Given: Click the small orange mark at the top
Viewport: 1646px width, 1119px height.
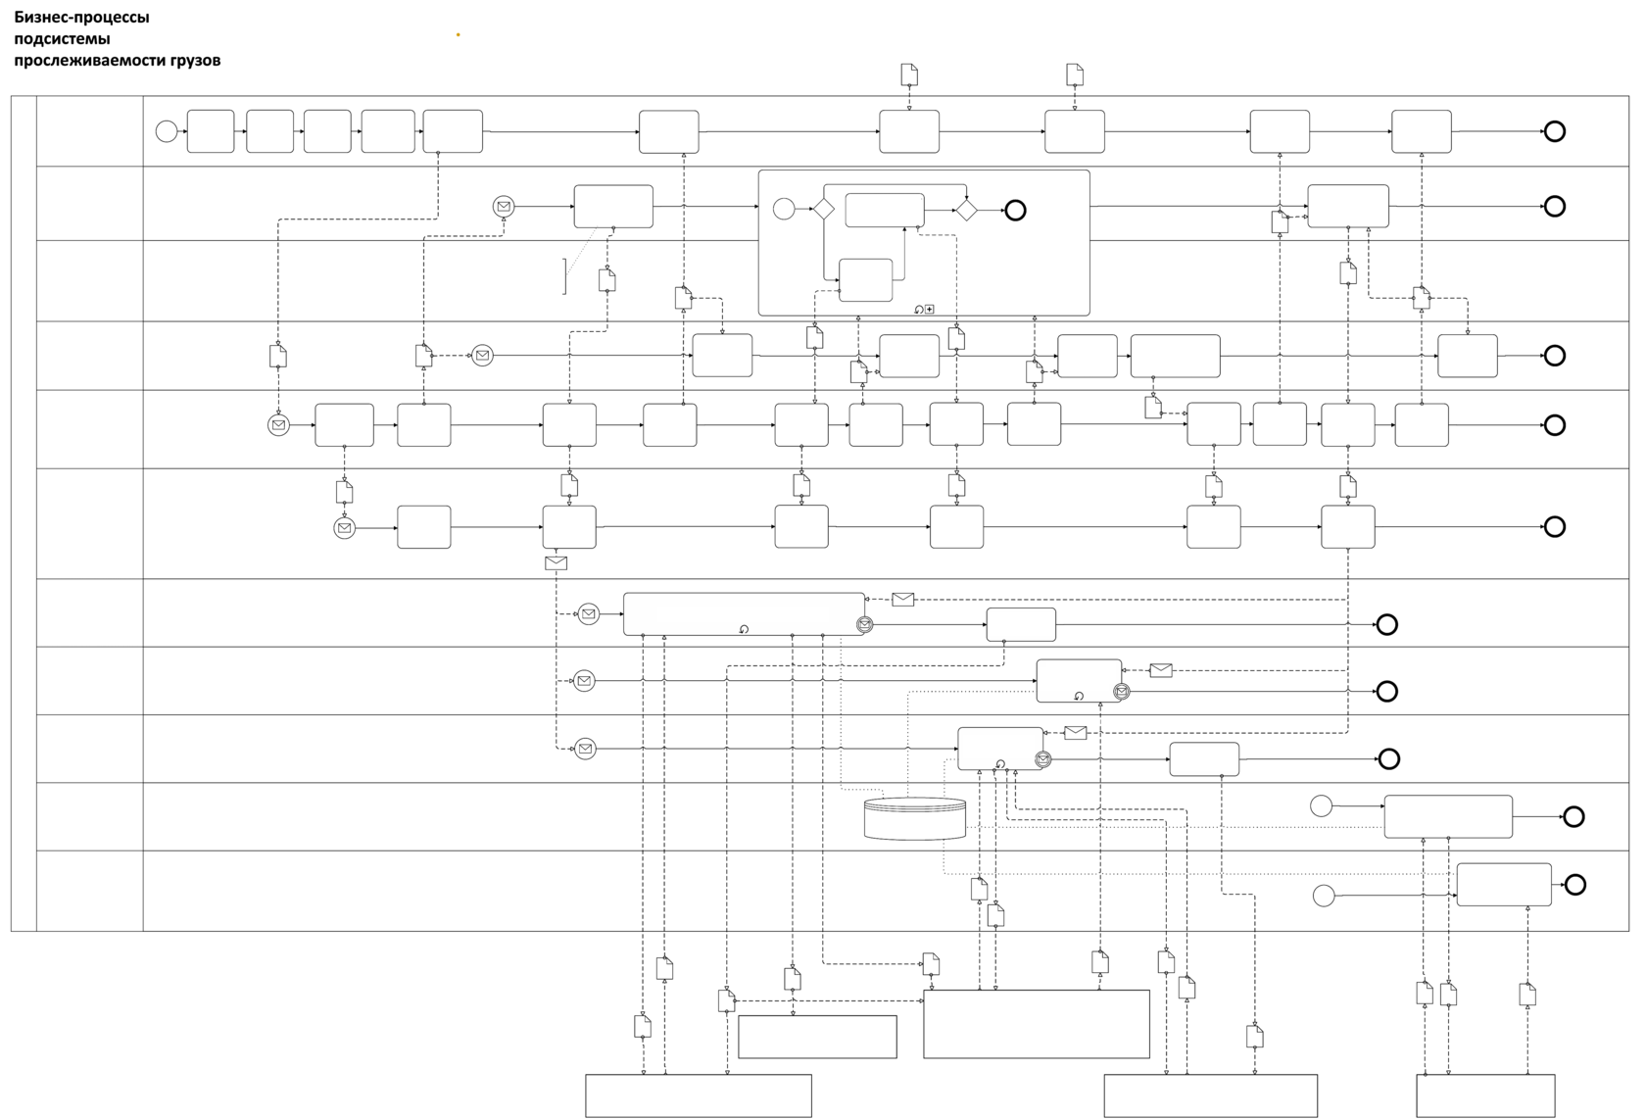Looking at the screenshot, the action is click(x=458, y=35).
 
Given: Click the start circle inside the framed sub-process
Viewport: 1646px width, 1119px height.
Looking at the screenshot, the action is click(x=783, y=209).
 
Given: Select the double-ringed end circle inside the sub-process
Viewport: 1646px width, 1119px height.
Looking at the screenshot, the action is click(x=1015, y=209).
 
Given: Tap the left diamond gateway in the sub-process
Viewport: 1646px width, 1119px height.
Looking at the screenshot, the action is click(x=822, y=209).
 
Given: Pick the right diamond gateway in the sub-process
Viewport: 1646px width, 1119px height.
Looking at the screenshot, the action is click(x=966, y=209).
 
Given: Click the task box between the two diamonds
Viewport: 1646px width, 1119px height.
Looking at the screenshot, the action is click(x=884, y=210).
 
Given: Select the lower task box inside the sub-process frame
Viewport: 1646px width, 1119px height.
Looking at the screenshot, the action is click(x=865, y=280).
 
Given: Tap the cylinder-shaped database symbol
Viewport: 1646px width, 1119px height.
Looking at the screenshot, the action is click(x=916, y=819).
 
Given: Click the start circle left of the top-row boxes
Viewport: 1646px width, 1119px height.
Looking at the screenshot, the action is click(x=167, y=131).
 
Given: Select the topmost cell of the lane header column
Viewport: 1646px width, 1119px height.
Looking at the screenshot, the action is click(x=89, y=131).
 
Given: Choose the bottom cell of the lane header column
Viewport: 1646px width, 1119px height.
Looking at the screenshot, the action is click(x=89, y=890).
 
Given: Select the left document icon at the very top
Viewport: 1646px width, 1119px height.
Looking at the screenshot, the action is click(x=908, y=74).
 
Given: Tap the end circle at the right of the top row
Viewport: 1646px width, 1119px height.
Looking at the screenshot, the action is click(x=1554, y=131).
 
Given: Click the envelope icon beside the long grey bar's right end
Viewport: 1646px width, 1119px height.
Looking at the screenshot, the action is click(x=903, y=599).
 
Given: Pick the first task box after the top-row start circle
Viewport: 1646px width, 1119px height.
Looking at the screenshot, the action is click(x=211, y=131).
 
